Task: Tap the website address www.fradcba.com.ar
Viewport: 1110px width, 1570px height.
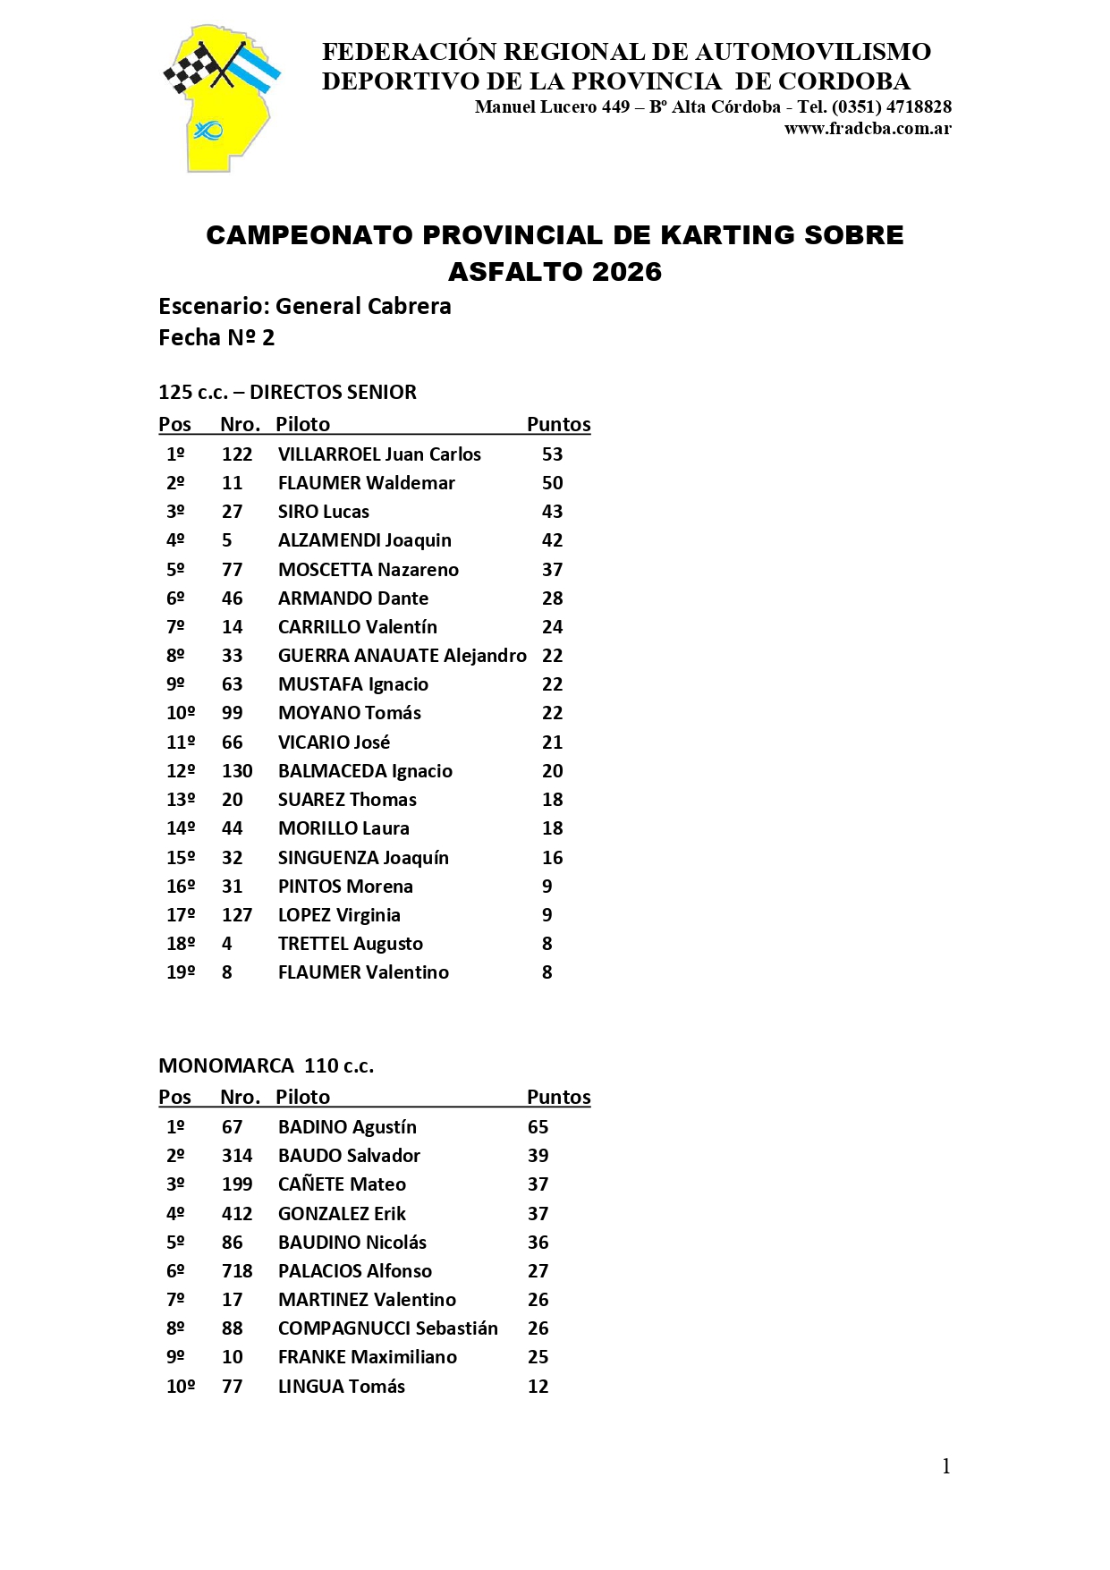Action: (x=867, y=128)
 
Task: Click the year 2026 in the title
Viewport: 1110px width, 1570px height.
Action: (x=627, y=272)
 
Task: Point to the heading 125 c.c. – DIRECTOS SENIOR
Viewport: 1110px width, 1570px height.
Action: (x=287, y=392)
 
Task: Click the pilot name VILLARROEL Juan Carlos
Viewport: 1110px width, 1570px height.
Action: (x=379, y=454)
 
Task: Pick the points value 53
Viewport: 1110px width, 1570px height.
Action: (x=552, y=454)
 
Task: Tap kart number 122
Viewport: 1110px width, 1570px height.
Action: (x=237, y=454)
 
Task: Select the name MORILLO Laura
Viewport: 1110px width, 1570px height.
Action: (x=343, y=828)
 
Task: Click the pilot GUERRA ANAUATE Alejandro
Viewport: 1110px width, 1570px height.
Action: (x=402, y=656)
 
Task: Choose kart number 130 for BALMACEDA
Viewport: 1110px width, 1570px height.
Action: (x=237, y=771)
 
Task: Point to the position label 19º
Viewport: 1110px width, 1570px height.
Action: (x=181, y=972)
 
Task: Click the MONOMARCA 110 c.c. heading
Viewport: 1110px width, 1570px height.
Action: (x=266, y=1065)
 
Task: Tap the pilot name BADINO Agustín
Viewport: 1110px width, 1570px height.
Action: (x=347, y=1127)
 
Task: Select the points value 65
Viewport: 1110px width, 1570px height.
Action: (x=538, y=1127)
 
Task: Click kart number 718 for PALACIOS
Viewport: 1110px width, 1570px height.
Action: (x=237, y=1271)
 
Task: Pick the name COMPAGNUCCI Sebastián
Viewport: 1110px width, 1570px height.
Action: (x=387, y=1328)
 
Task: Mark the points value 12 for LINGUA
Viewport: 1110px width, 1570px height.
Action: (x=538, y=1387)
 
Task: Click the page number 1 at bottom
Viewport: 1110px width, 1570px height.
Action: (x=945, y=1466)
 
